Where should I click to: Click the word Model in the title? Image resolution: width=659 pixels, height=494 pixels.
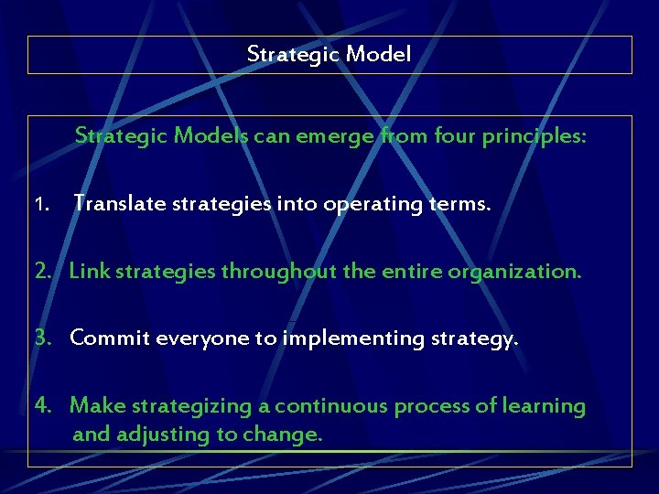(379, 55)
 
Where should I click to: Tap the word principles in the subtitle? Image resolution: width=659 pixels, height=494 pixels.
(534, 136)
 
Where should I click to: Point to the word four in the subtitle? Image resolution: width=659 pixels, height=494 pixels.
(448, 136)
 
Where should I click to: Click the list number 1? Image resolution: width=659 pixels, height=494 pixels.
(39, 205)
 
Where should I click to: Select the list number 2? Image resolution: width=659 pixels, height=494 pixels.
(43, 271)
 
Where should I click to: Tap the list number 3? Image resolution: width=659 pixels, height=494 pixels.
(43, 338)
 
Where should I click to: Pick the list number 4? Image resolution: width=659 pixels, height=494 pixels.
(43, 405)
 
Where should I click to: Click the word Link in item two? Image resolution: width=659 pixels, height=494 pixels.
(88, 271)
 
